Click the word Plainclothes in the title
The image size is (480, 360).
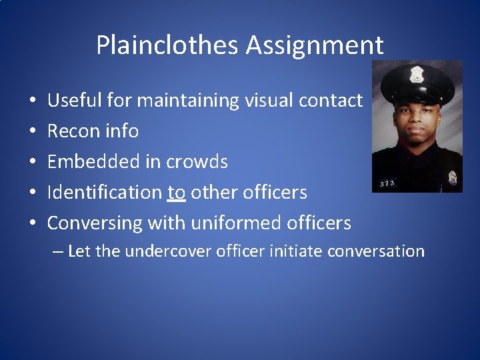pos(167,45)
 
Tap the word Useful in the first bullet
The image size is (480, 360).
pos(72,101)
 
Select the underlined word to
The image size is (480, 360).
pos(177,193)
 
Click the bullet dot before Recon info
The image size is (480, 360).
pos(33,132)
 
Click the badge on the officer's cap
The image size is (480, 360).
pos(417,74)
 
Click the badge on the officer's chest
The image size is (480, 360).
pos(453,177)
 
